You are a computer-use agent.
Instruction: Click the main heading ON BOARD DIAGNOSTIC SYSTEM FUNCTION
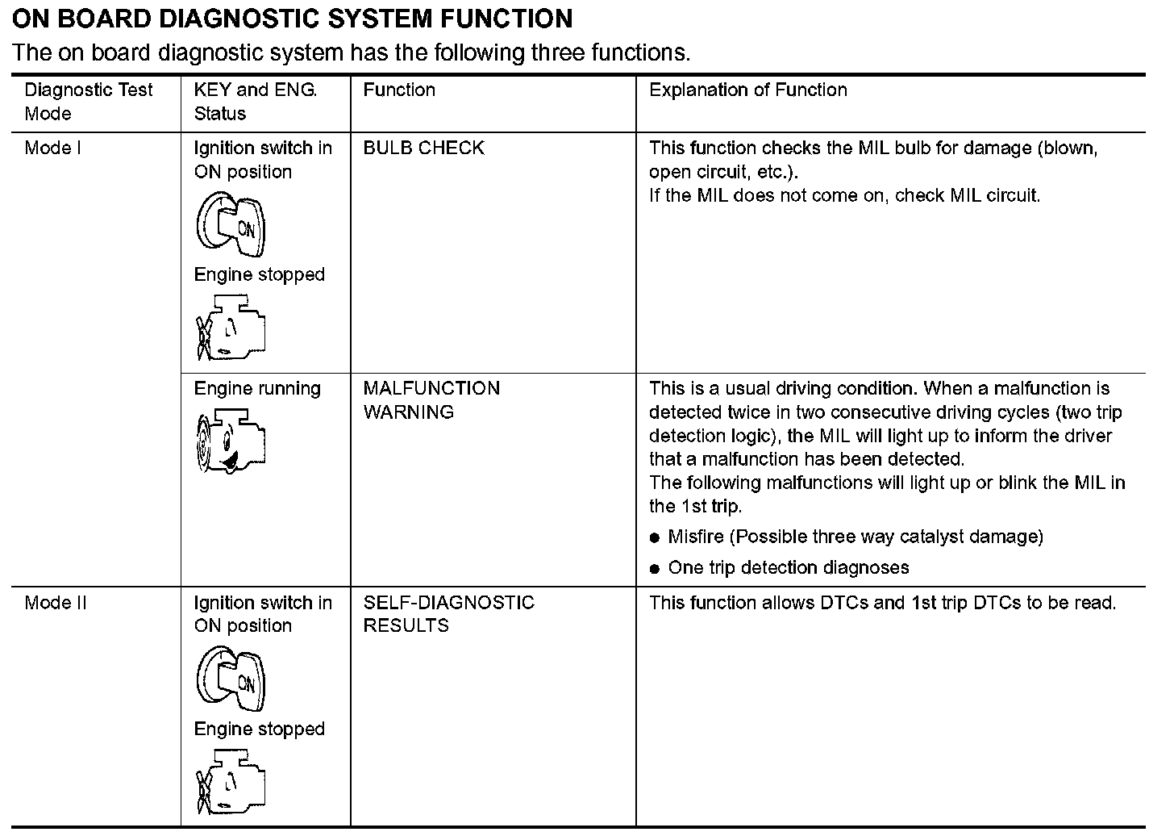[x=293, y=18]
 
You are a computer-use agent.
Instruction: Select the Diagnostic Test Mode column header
[x=88, y=102]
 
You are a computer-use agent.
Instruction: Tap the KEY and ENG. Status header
[x=255, y=102]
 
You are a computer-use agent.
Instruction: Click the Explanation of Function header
[x=747, y=90]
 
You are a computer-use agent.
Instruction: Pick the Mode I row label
[x=53, y=148]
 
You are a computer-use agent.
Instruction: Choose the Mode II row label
[x=56, y=603]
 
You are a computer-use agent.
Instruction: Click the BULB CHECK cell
[x=423, y=148]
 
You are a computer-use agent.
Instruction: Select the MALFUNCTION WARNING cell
[x=431, y=400]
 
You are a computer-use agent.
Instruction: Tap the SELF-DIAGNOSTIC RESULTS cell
[x=448, y=614]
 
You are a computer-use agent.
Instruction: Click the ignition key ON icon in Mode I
[x=231, y=224]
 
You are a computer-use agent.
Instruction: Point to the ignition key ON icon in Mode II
[x=231, y=678]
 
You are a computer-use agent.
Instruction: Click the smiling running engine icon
[x=231, y=441]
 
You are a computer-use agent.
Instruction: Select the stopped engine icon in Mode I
[x=231, y=328]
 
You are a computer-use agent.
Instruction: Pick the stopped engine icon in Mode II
[x=231, y=782]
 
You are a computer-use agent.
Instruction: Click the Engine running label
[x=257, y=389]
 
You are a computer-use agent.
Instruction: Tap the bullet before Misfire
[x=655, y=538]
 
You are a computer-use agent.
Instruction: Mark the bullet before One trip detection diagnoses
[x=655, y=569]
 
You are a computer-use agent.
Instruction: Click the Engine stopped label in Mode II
[x=259, y=729]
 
